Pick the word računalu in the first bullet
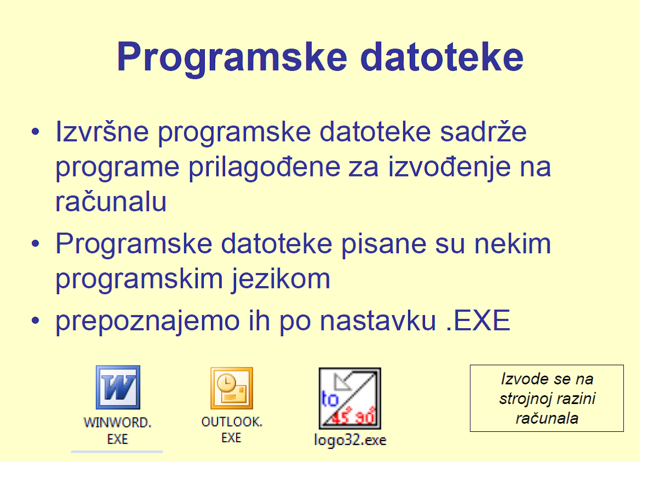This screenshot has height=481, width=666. [111, 202]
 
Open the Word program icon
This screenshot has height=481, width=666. [117, 388]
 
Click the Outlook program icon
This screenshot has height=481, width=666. [232, 388]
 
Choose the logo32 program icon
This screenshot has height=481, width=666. [350, 398]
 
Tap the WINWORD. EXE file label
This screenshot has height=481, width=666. [117, 430]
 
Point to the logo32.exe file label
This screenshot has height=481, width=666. [350, 440]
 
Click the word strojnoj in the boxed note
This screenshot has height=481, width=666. [522, 399]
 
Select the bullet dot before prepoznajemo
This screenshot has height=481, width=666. [36, 321]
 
